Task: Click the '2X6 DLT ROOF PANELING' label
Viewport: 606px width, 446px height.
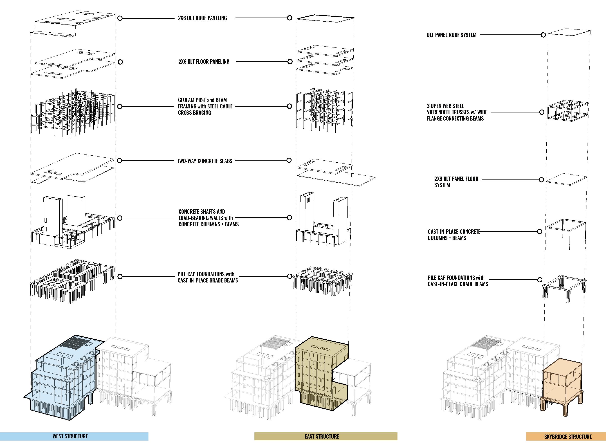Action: pyautogui.click(x=202, y=18)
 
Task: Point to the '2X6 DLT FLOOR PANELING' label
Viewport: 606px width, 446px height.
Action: pyautogui.click(x=204, y=62)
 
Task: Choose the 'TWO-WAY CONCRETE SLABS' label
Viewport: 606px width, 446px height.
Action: pyautogui.click(x=204, y=161)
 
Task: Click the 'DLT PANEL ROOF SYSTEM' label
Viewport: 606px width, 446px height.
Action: pyautogui.click(x=451, y=35)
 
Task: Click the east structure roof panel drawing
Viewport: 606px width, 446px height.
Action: pyautogui.click(x=325, y=19)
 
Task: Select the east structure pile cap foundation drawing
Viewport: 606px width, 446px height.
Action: pyautogui.click(x=323, y=281)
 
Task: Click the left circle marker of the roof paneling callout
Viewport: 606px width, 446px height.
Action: pyautogui.click(x=120, y=18)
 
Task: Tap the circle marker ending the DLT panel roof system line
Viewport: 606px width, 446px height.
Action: pyautogui.click(x=543, y=35)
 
